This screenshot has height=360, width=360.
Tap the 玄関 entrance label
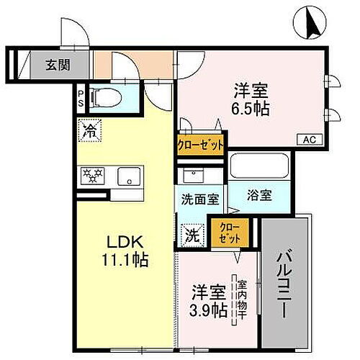tap(59, 65)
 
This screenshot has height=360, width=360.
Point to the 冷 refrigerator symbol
tap(90, 131)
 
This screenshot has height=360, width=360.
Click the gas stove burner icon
tap(92, 174)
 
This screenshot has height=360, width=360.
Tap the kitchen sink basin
tap(126, 175)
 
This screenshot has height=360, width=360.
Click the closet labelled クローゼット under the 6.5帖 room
tap(202, 143)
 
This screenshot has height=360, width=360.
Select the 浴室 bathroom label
tap(260, 195)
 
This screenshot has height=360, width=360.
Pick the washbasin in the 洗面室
tap(191, 175)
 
